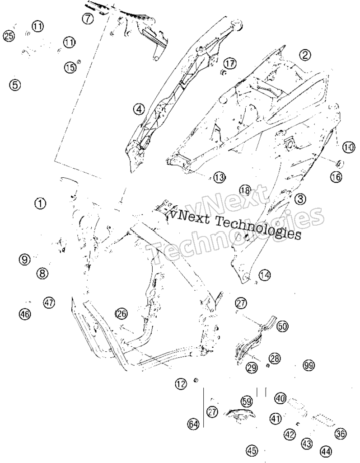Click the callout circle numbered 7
click(88, 19)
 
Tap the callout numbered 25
click(9, 36)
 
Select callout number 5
click(15, 85)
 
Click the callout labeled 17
click(229, 63)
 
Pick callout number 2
click(305, 55)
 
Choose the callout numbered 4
click(139, 109)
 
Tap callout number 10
click(349, 147)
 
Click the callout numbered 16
click(336, 177)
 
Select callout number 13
click(219, 177)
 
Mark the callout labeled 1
click(40, 203)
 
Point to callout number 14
click(265, 275)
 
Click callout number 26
click(122, 313)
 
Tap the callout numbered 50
click(282, 326)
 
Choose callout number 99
click(309, 365)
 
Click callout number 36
click(341, 434)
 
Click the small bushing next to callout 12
click(195, 379)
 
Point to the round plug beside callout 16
click(340, 162)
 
